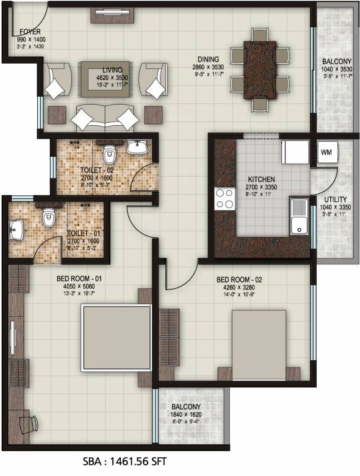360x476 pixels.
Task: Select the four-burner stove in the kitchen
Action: click(224, 198)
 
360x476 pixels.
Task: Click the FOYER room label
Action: click(30, 31)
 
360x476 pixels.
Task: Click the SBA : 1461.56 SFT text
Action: click(125, 462)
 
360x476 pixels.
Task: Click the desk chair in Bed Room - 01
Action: click(29, 425)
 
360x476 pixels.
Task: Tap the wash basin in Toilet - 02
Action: click(138, 146)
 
